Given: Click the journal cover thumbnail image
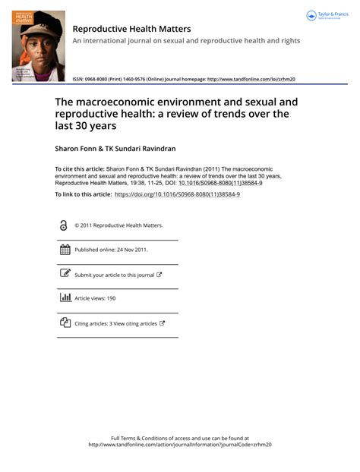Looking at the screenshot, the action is (38, 46).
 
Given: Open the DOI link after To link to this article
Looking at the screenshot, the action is (177, 195).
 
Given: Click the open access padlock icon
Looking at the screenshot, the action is (64, 225).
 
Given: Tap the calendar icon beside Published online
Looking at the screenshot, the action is (65, 250).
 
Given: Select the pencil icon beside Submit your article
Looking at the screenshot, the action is (65, 274).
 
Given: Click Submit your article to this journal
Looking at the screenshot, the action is (114, 275).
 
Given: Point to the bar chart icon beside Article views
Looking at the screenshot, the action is (65, 298).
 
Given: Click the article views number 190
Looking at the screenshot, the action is (111, 299).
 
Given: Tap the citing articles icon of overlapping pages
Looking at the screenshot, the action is (65, 323).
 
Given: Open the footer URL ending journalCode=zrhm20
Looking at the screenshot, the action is (179, 445).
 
